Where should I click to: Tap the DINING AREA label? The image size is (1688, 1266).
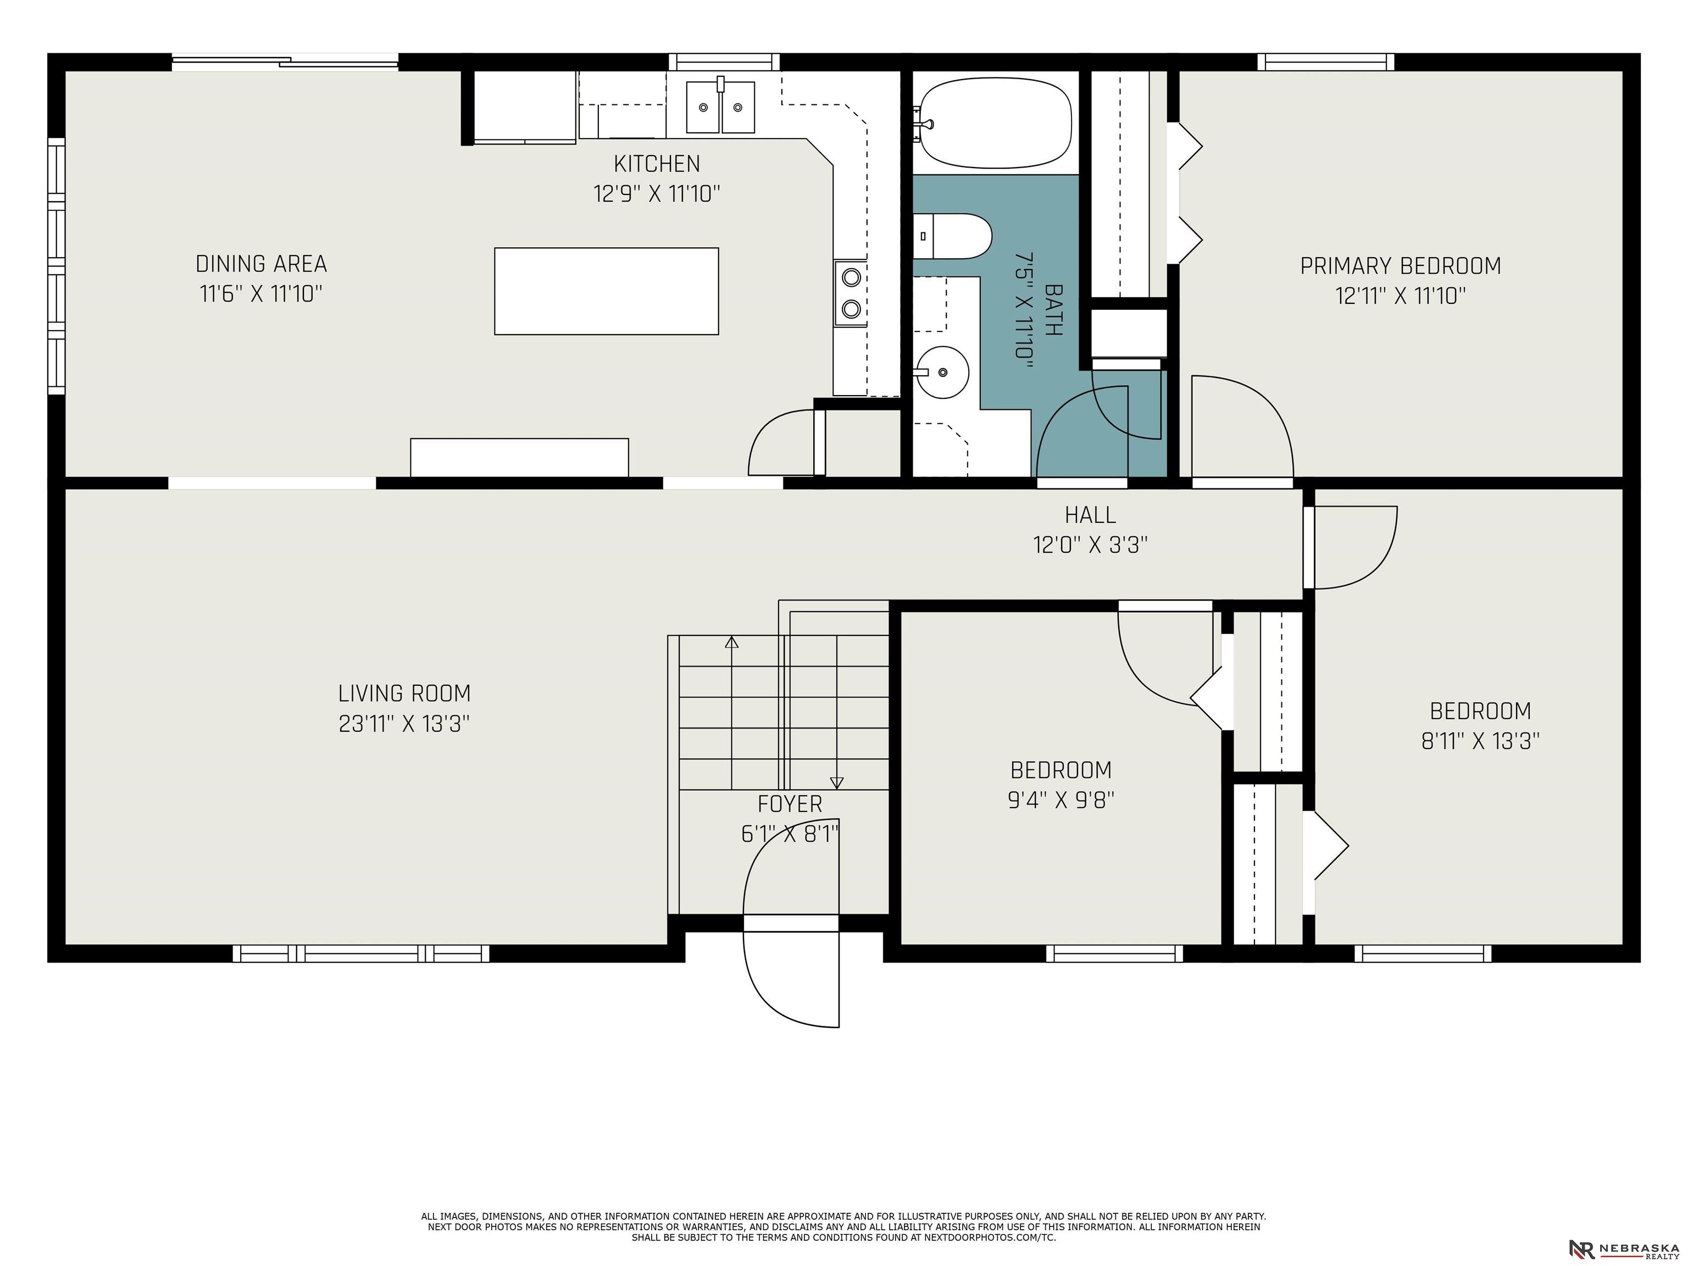[261, 264]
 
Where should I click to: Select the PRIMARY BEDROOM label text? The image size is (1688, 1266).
[1400, 266]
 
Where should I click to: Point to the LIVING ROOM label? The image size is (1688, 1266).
[404, 693]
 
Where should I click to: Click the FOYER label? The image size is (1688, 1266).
[790, 804]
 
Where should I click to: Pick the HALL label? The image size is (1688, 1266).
[1091, 515]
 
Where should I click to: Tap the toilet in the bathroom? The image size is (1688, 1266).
[952, 237]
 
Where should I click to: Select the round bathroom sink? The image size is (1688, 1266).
[942, 373]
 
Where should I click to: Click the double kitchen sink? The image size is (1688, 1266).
[720, 108]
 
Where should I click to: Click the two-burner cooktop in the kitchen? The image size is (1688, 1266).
[850, 293]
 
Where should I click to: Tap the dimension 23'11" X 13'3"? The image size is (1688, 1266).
[404, 724]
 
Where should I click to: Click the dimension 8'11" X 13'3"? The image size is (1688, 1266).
[1480, 742]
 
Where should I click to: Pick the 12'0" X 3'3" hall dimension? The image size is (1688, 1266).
[1091, 546]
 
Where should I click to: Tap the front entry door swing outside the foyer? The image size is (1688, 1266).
[763, 992]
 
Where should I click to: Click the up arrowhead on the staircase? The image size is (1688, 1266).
[732, 642]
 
